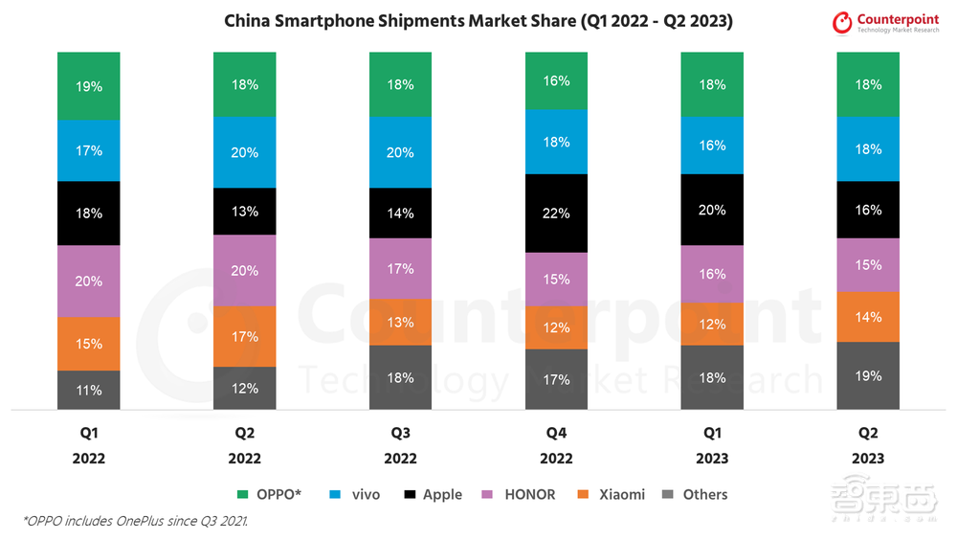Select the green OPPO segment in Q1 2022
[x=88, y=86]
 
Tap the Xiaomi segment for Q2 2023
[x=868, y=317]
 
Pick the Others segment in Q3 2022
[x=400, y=377]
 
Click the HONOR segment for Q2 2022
[x=244, y=271]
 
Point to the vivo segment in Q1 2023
[x=712, y=146]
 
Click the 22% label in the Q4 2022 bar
[x=556, y=214]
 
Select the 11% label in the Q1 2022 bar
[x=88, y=391]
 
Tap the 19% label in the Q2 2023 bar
[x=868, y=376]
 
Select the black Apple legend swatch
[x=410, y=495]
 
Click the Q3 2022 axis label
[x=400, y=444]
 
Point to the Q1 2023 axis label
[x=712, y=444]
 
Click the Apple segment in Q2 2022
[x=244, y=212]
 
